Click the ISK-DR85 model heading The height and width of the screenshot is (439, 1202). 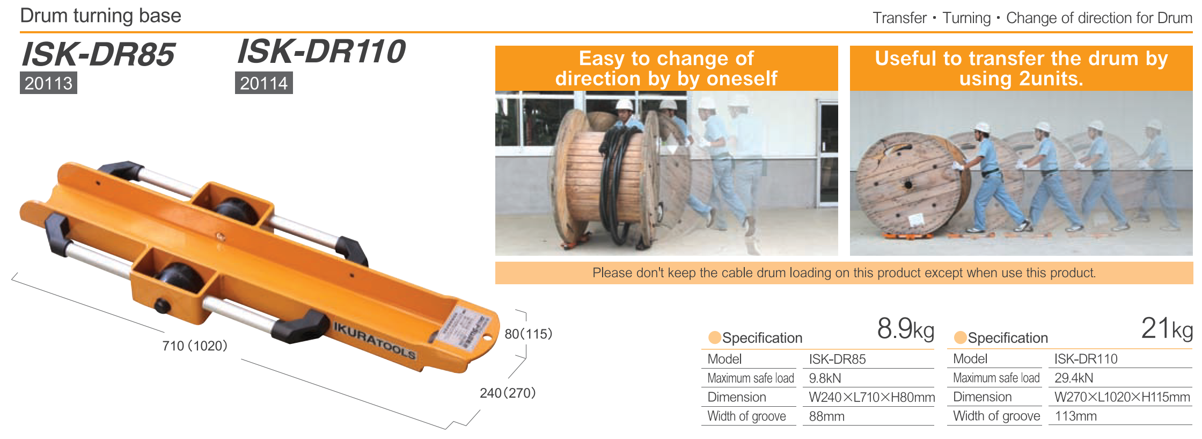point(98,54)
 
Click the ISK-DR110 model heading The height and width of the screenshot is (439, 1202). point(321,52)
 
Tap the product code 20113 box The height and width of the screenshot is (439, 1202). point(48,83)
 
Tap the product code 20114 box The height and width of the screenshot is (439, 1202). point(264,83)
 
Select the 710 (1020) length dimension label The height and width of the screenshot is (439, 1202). point(195,346)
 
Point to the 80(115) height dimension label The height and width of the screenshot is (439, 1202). point(529,334)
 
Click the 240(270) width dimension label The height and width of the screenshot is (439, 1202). point(508,393)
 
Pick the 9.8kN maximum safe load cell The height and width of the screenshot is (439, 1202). point(825,378)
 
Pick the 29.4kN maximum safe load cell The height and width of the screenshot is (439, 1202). point(1074,378)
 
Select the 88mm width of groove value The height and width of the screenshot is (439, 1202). point(827,416)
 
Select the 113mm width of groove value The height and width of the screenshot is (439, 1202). point(1076,416)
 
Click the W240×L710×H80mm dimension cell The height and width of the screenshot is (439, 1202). point(872,398)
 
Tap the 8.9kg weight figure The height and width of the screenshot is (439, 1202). point(906,328)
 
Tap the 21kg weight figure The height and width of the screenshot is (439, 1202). point(1167,328)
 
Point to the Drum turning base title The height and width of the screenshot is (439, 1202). point(100,16)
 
